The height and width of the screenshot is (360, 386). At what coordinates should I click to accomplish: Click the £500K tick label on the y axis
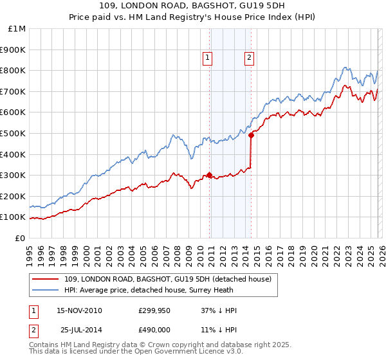[x=13, y=133]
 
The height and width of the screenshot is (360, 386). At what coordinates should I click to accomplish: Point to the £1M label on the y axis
[x=17, y=29]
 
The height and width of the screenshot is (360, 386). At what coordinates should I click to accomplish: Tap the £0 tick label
[x=20, y=238]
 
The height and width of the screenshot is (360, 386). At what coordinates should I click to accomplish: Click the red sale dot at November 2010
[x=210, y=175]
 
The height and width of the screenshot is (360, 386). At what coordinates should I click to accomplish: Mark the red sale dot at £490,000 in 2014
[x=252, y=135]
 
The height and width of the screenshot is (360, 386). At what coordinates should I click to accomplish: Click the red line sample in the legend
[x=46, y=279]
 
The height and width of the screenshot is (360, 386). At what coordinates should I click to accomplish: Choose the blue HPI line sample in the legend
[x=46, y=289]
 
